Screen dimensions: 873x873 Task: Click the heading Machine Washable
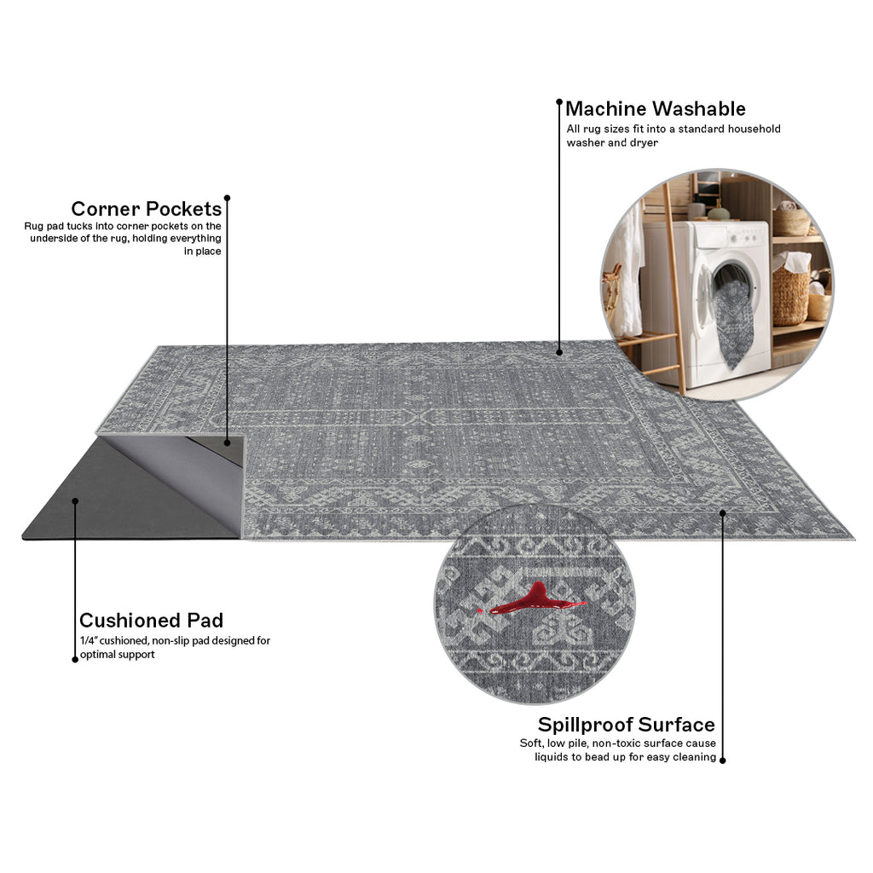coord(656,108)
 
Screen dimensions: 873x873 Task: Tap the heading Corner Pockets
coord(147,209)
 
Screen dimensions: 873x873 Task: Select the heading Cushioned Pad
coord(152,621)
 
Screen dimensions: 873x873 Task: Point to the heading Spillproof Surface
coord(627,725)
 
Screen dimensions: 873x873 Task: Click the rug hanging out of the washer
coord(734,323)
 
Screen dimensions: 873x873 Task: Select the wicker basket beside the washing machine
coord(790,295)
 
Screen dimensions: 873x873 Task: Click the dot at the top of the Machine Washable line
coord(559,102)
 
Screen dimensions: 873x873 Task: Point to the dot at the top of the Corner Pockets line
coord(227,198)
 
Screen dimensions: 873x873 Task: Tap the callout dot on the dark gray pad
coord(75,501)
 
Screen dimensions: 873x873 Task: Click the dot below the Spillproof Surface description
coord(723,760)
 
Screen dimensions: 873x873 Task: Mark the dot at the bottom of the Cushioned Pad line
coord(75,660)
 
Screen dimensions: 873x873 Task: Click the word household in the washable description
coord(754,130)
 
